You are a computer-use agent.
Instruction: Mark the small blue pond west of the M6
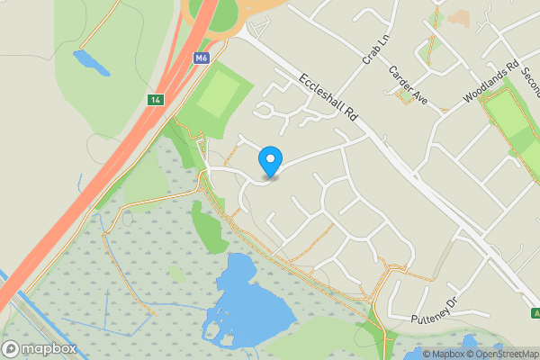click(x=92, y=62)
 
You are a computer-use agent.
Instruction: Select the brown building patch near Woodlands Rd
click(x=459, y=17)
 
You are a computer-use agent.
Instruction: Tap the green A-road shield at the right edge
click(x=535, y=313)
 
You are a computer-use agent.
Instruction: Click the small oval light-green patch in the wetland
click(x=177, y=273)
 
